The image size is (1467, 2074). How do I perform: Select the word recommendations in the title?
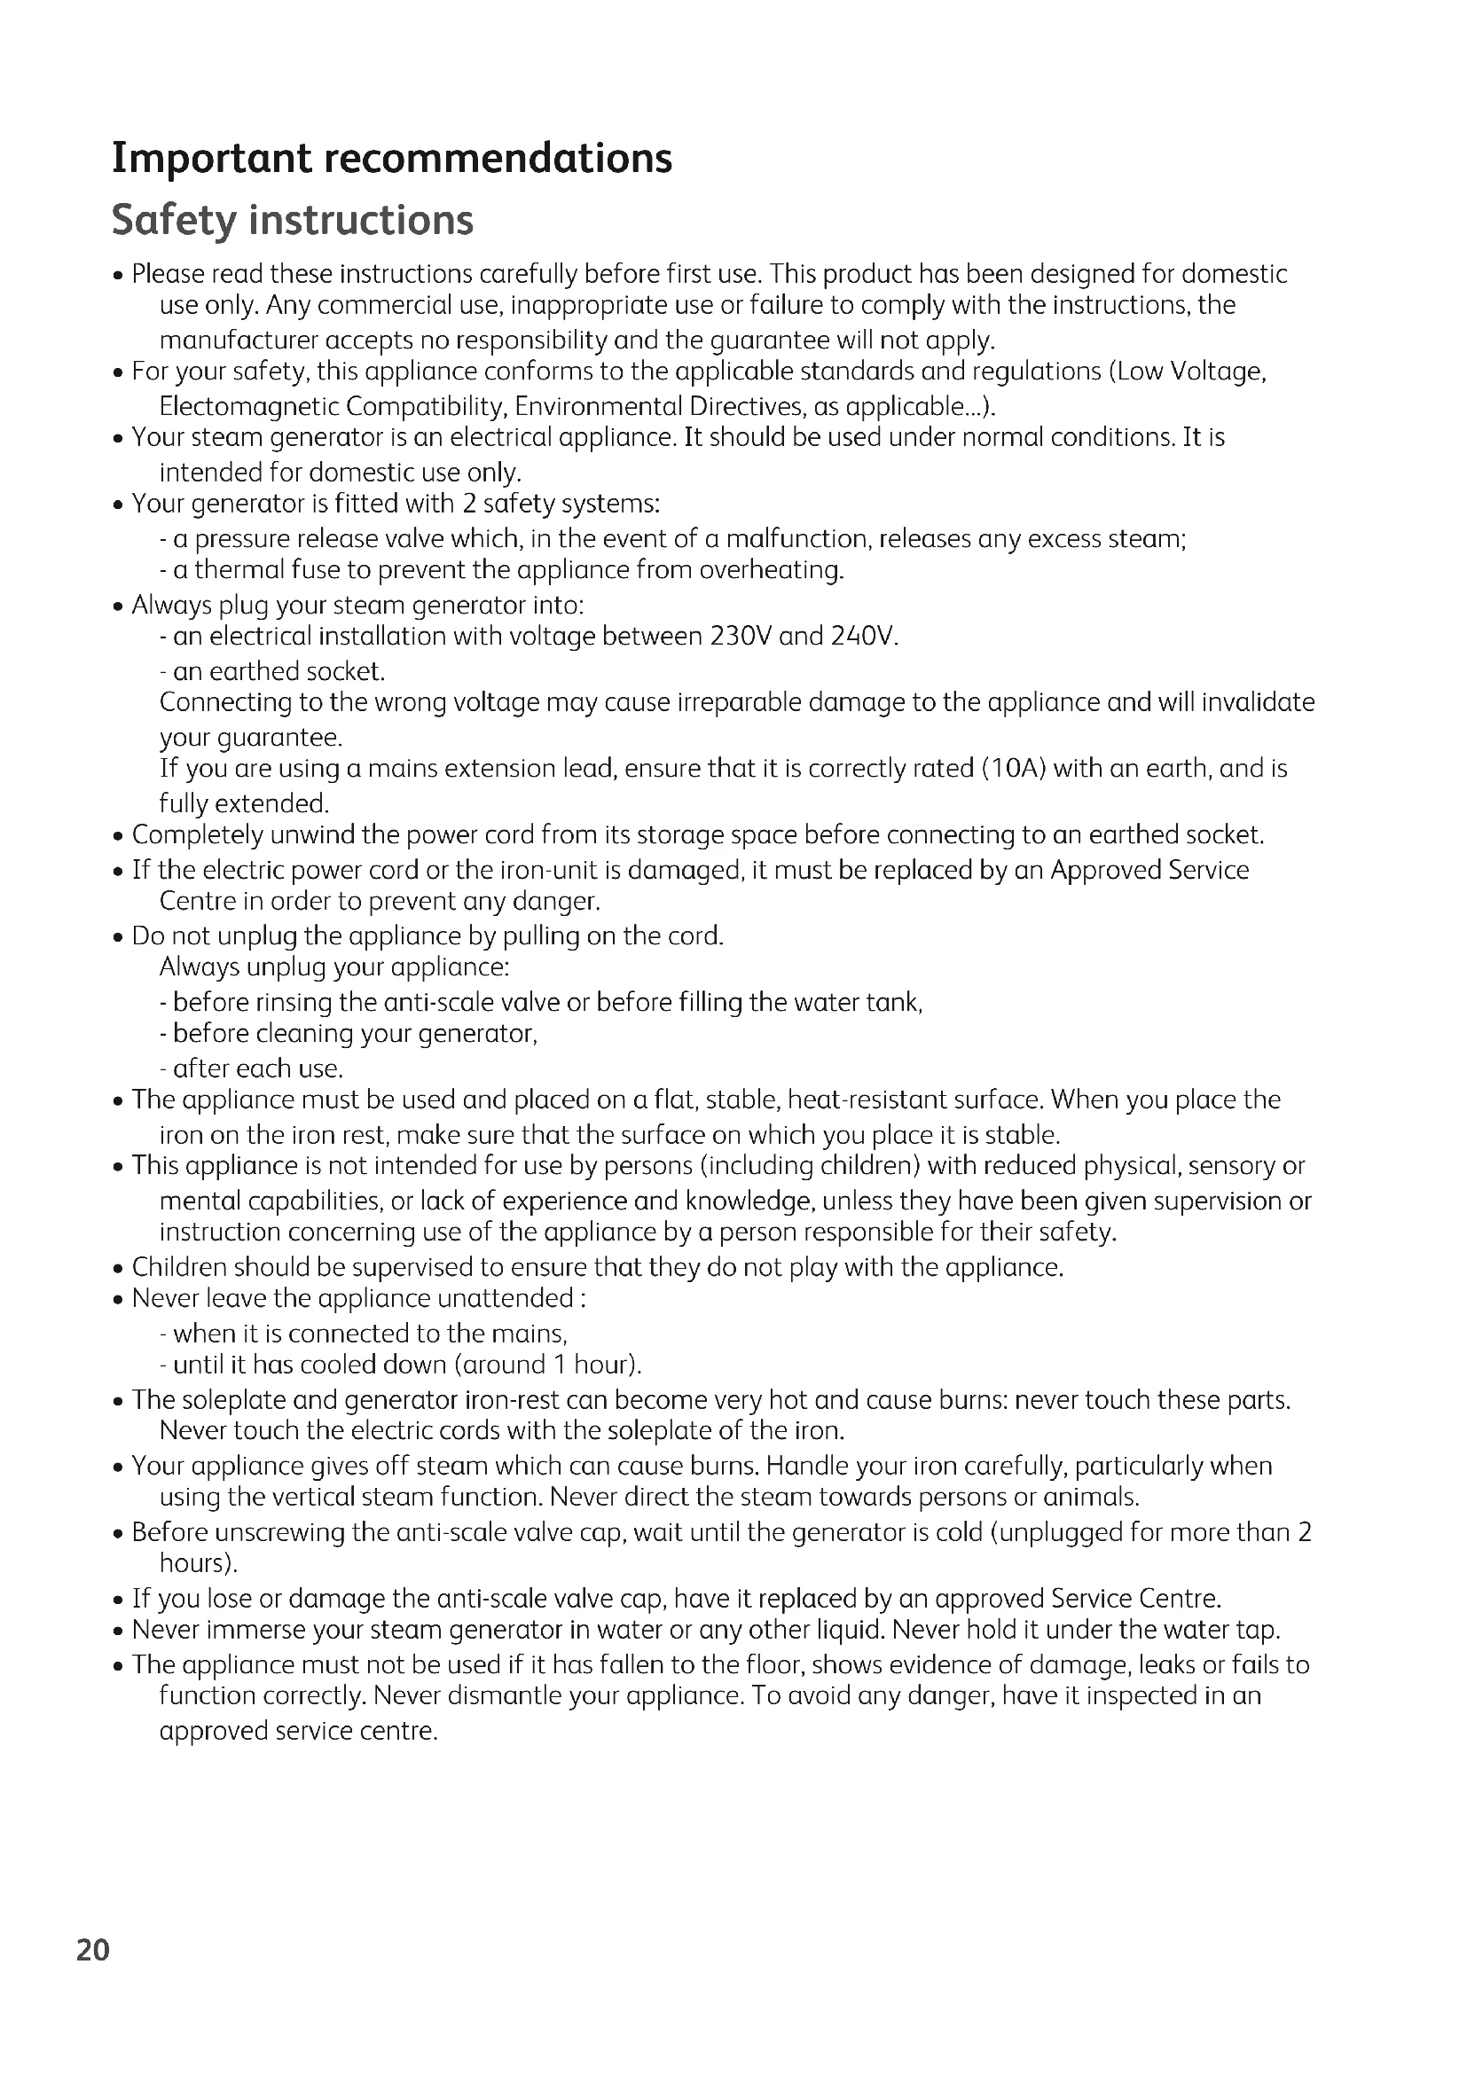tap(498, 158)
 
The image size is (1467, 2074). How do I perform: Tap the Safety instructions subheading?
tap(293, 220)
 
